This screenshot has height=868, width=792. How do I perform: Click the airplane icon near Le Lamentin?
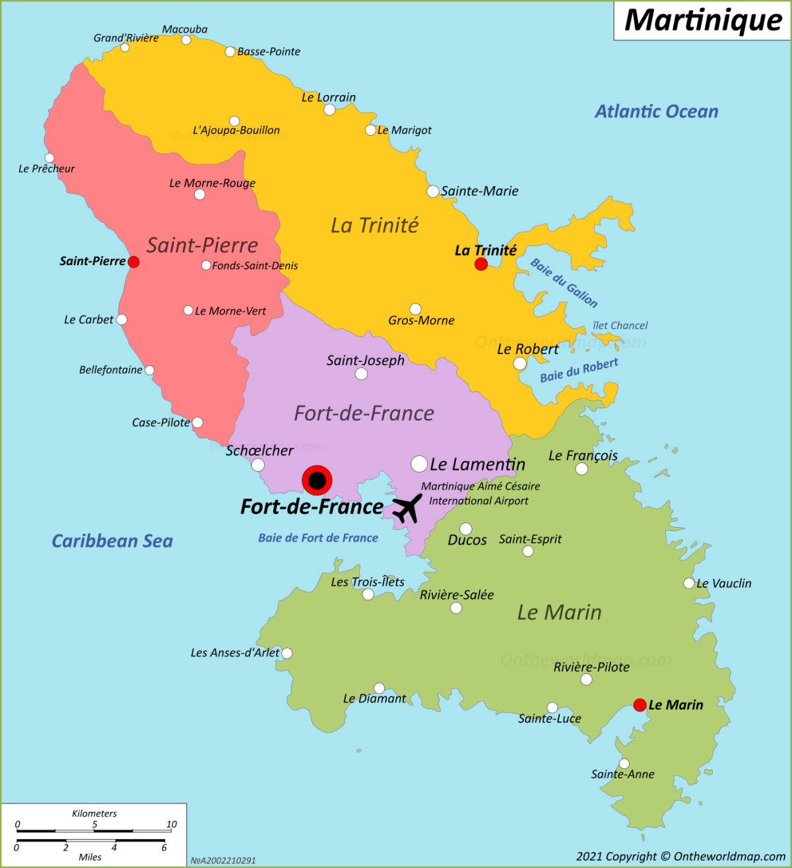(407, 508)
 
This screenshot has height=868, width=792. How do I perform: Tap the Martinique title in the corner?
(703, 20)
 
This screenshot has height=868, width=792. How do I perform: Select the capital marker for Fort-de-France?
(317, 480)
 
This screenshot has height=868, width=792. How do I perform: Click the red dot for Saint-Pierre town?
(133, 262)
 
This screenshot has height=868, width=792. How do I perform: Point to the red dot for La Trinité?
(481, 264)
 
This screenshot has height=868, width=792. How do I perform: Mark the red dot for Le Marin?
(640, 705)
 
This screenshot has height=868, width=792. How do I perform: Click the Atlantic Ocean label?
(656, 111)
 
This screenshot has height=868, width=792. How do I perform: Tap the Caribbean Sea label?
(112, 541)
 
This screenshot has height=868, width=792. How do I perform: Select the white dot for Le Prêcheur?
(49, 158)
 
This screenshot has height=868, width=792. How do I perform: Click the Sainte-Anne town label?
(622, 774)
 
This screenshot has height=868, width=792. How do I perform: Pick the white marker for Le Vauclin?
(688, 583)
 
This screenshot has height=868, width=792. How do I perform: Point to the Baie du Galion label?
(564, 283)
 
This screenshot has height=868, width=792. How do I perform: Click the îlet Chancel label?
(620, 325)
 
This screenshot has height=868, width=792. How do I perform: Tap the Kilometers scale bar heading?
(94, 813)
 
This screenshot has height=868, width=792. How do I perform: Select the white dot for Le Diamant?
(379, 688)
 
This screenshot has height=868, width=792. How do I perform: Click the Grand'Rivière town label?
(126, 38)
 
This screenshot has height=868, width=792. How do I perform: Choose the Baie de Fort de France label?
(318, 538)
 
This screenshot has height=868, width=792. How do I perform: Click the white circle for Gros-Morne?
(415, 309)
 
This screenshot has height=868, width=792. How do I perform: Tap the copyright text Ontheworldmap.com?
(680, 856)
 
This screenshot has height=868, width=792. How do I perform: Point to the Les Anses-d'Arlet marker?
(287, 653)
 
